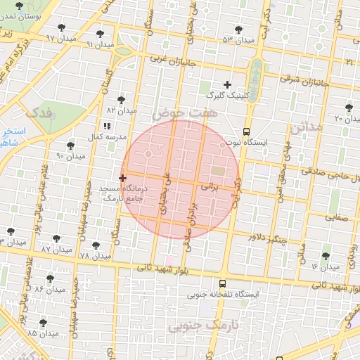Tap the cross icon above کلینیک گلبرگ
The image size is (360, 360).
click(x=227, y=84)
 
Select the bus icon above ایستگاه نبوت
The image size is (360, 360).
click(x=246, y=131)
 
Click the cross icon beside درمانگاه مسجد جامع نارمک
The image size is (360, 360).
click(x=123, y=179)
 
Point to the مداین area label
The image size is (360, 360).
click(x=304, y=127)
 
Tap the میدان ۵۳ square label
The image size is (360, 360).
click(x=238, y=41)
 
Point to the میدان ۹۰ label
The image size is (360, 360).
click(x=70, y=156)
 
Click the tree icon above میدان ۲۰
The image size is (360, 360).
click(x=349, y=108)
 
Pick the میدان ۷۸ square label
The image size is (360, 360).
click(x=95, y=255)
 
